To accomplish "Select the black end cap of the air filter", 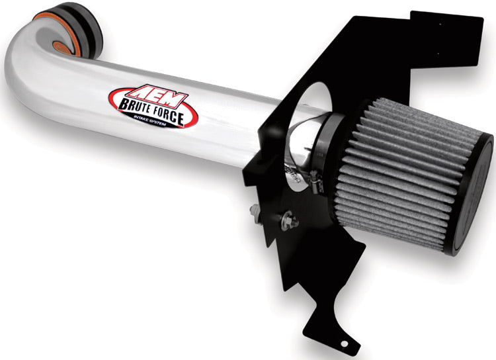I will coord(473,199).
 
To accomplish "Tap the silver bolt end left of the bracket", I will coord(255,211).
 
